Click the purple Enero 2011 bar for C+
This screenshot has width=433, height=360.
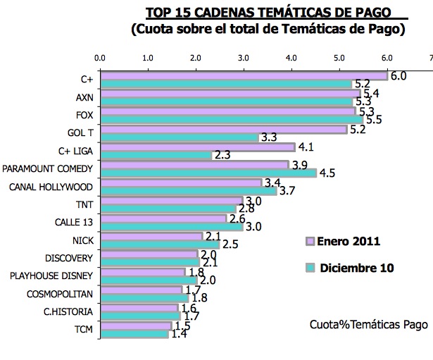(243, 75)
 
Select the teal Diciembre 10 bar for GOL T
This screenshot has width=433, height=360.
(179, 137)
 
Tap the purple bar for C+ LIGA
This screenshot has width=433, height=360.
(196, 147)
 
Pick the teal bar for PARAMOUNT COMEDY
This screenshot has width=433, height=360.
(208, 173)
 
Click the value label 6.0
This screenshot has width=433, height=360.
(399, 75)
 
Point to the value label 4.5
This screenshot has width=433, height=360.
(327, 174)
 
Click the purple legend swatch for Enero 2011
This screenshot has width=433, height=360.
(308, 242)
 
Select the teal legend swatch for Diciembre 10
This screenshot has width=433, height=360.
(308, 268)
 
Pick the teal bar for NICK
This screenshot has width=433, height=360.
(160, 244)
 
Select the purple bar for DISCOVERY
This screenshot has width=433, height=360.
(149, 254)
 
